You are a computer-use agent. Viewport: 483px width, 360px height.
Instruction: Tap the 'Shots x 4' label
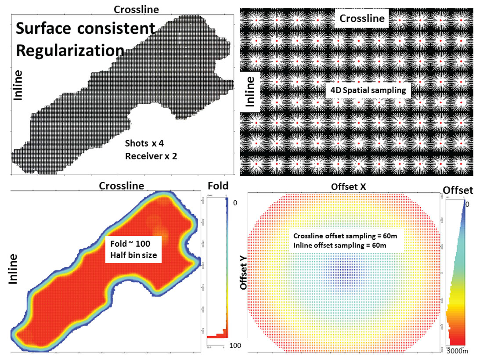[x=144, y=144]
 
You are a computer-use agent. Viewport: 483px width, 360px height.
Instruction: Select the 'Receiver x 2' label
[x=151, y=156]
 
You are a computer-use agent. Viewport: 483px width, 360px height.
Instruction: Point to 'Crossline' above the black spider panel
[x=362, y=18]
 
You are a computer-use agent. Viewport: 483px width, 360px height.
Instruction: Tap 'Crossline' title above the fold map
[x=121, y=186]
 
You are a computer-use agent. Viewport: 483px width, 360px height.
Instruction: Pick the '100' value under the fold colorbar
[x=235, y=346]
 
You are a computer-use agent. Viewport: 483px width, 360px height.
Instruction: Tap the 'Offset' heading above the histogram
[x=458, y=190]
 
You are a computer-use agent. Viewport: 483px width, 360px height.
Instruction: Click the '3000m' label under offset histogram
[x=457, y=351]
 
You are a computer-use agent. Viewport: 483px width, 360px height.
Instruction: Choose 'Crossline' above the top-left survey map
[x=136, y=9]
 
